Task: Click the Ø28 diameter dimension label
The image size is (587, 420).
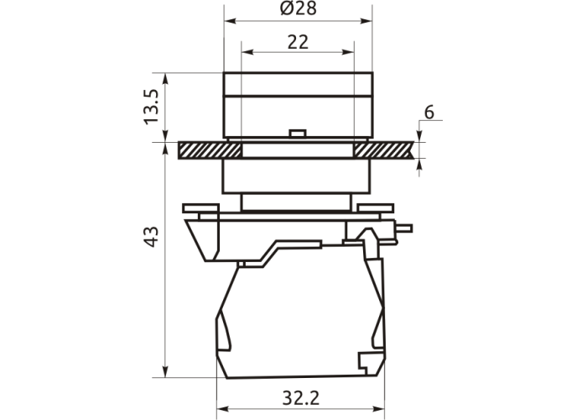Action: tap(299, 8)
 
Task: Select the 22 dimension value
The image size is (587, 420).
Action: tap(298, 42)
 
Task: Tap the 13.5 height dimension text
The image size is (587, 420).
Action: tap(152, 107)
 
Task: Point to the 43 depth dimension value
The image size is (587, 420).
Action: tap(152, 237)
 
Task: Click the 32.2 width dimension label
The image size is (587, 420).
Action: tap(301, 398)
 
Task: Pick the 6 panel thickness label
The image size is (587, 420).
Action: tap(429, 112)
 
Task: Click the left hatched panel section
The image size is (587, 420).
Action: tap(210, 150)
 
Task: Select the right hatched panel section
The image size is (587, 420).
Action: tap(384, 150)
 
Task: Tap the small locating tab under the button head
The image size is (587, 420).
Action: tap(298, 134)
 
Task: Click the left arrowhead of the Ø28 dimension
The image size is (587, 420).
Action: tap(229, 21)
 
